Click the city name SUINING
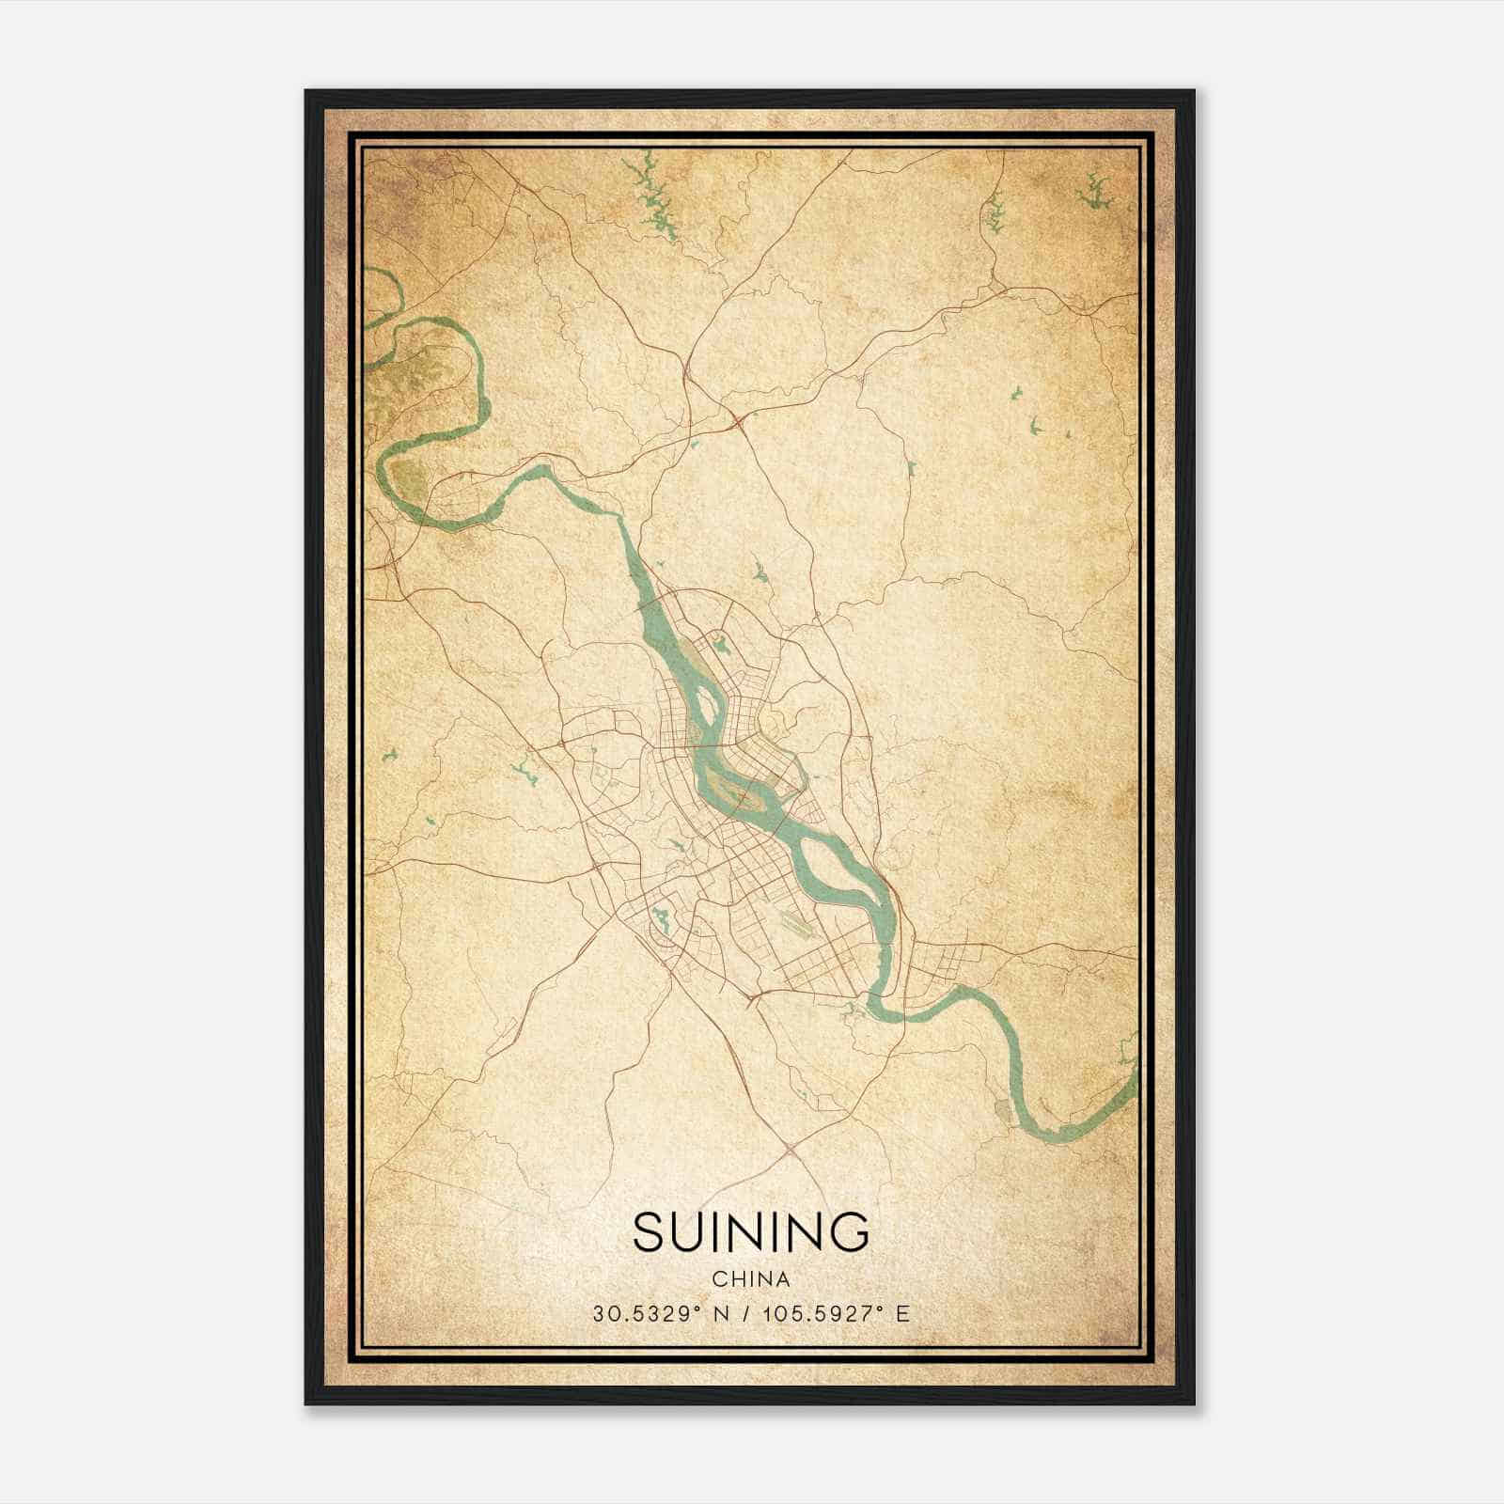750,1232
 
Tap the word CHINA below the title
750,1279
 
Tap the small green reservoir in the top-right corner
1093,193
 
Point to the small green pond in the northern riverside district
721,648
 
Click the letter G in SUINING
848,1232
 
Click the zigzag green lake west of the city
522,774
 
